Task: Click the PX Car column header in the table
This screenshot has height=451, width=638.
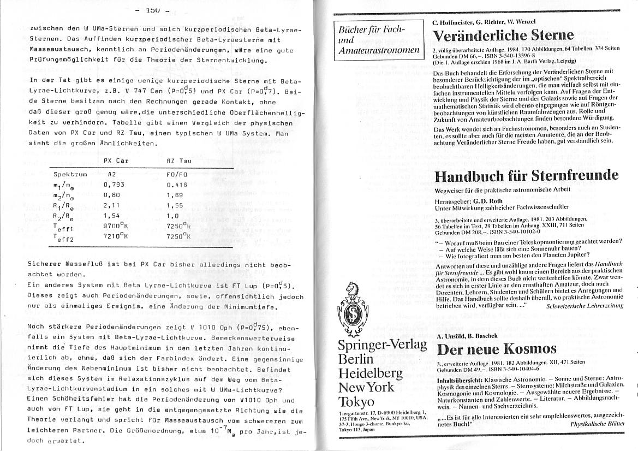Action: (x=116, y=161)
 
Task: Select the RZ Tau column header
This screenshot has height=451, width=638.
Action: (x=178, y=161)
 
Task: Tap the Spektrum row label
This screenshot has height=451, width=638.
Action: (x=70, y=174)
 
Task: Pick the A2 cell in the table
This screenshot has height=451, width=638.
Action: (x=112, y=174)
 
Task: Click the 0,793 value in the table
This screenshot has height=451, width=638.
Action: (x=114, y=185)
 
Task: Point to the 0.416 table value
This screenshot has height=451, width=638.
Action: (x=177, y=185)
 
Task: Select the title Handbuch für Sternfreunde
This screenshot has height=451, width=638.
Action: (x=526, y=176)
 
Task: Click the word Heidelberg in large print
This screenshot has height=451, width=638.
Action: (x=370, y=374)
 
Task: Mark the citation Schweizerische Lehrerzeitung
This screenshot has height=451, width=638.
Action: (x=584, y=306)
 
